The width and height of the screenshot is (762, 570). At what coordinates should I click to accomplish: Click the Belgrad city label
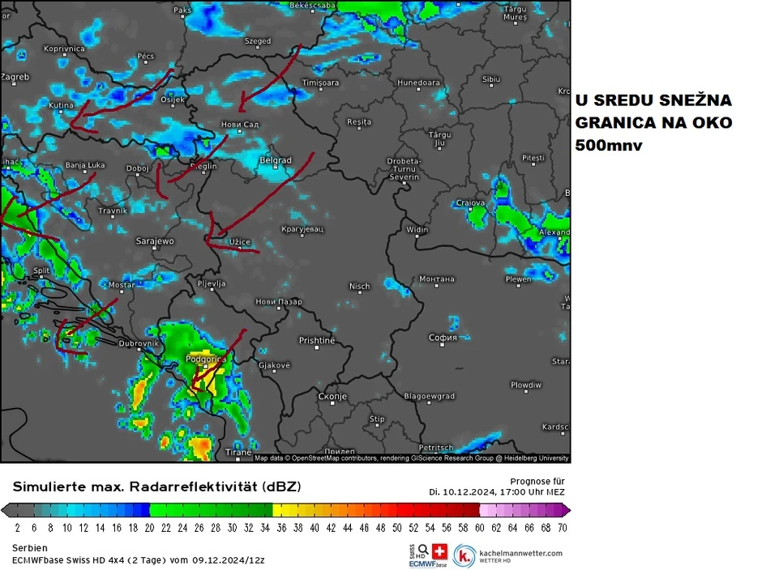276,160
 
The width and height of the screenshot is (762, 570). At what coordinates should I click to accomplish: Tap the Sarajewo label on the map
155,241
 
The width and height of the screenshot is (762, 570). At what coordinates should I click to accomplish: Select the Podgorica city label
204,359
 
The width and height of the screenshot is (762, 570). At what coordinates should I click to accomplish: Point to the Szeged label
258,40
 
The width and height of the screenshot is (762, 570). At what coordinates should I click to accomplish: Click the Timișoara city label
320,83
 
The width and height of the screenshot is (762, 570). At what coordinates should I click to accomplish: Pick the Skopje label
332,397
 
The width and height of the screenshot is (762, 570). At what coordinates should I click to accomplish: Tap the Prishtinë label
316,341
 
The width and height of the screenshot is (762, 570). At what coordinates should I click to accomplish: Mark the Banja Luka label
86,166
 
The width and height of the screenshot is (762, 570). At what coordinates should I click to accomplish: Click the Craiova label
470,203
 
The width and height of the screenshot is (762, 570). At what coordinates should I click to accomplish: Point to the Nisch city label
359,286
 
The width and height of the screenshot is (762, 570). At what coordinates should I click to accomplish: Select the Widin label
417,230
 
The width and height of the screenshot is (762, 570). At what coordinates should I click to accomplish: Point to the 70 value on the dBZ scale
562,527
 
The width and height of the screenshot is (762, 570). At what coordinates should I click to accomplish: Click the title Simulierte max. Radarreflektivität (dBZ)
156,487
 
